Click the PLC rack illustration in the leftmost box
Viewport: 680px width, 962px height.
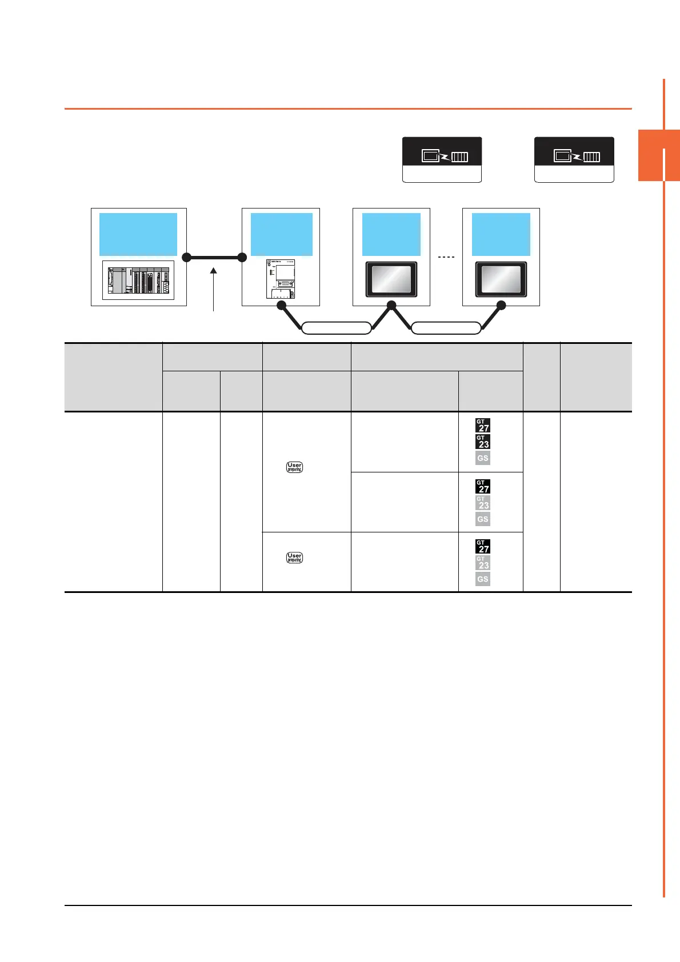pos(138,280)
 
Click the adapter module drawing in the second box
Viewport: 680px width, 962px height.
pos(281,278)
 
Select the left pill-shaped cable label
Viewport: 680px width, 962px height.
pos(336,328)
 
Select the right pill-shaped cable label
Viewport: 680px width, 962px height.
pos(446,328)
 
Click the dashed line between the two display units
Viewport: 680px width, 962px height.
pos(446,257)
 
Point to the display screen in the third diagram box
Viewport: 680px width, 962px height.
pos(391,280)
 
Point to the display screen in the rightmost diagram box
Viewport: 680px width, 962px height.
pos(501,280)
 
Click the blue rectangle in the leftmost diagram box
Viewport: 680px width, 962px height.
pos(138,234)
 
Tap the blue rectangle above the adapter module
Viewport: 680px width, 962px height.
pos(281,234)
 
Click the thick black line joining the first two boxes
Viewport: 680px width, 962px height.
pos(214,258)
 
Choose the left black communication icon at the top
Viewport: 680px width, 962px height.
pos(442,152)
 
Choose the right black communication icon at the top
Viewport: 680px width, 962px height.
pos(574,152)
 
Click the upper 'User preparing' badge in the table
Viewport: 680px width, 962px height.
pos(294,467)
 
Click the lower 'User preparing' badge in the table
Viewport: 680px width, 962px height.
pos(294,558)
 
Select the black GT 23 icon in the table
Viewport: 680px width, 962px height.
pos(483,442)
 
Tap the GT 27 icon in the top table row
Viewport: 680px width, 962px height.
pos(483,426)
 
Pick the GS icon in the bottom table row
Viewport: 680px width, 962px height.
pos(483,579)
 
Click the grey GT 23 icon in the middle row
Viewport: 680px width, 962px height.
pos(483,503)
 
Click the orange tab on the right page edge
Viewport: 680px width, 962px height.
pos(658,155)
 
